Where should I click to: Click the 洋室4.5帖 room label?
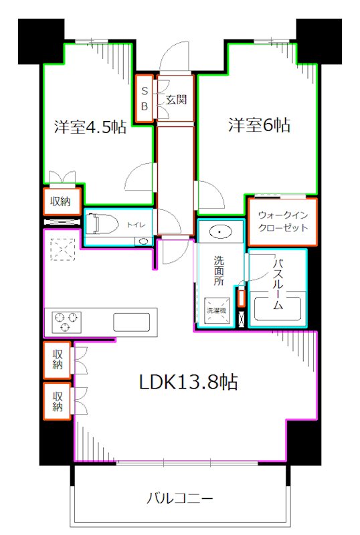[x=89, y=126]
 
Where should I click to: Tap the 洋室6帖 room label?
[x=259, y=125]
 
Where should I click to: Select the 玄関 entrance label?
[x=176, y=100]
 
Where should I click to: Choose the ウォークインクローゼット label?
[x=283, y=221]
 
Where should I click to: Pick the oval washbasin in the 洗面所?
[x=219, y=233]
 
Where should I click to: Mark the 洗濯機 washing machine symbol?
[x=216, y=311]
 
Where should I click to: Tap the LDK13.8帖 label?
[x=189, y=383]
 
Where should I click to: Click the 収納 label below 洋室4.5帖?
[x=63, y=201]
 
